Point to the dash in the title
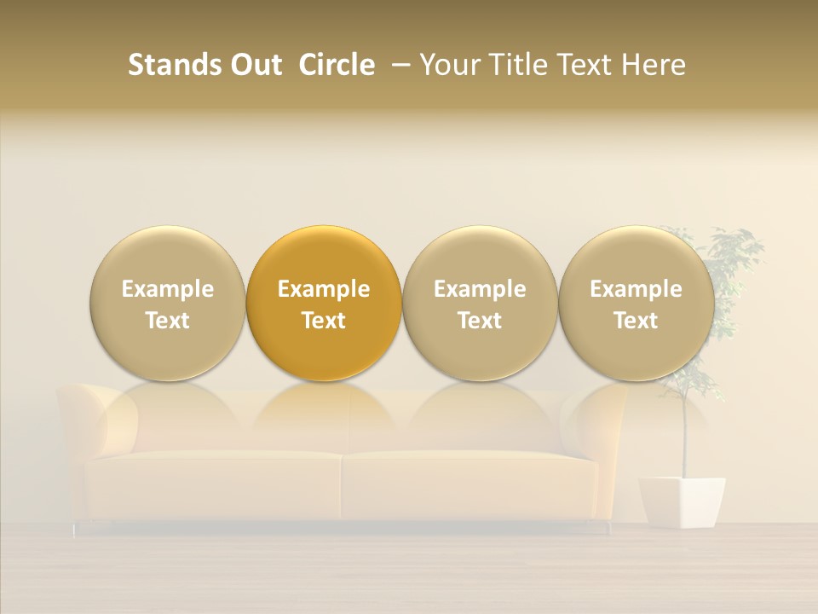click(x=397, y=66)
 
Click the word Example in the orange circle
click(x=324, y=289)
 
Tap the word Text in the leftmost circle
click(x=168, y=321)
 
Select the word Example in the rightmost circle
click(x=636, y=289)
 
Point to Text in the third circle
click(x=480, y=321)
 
